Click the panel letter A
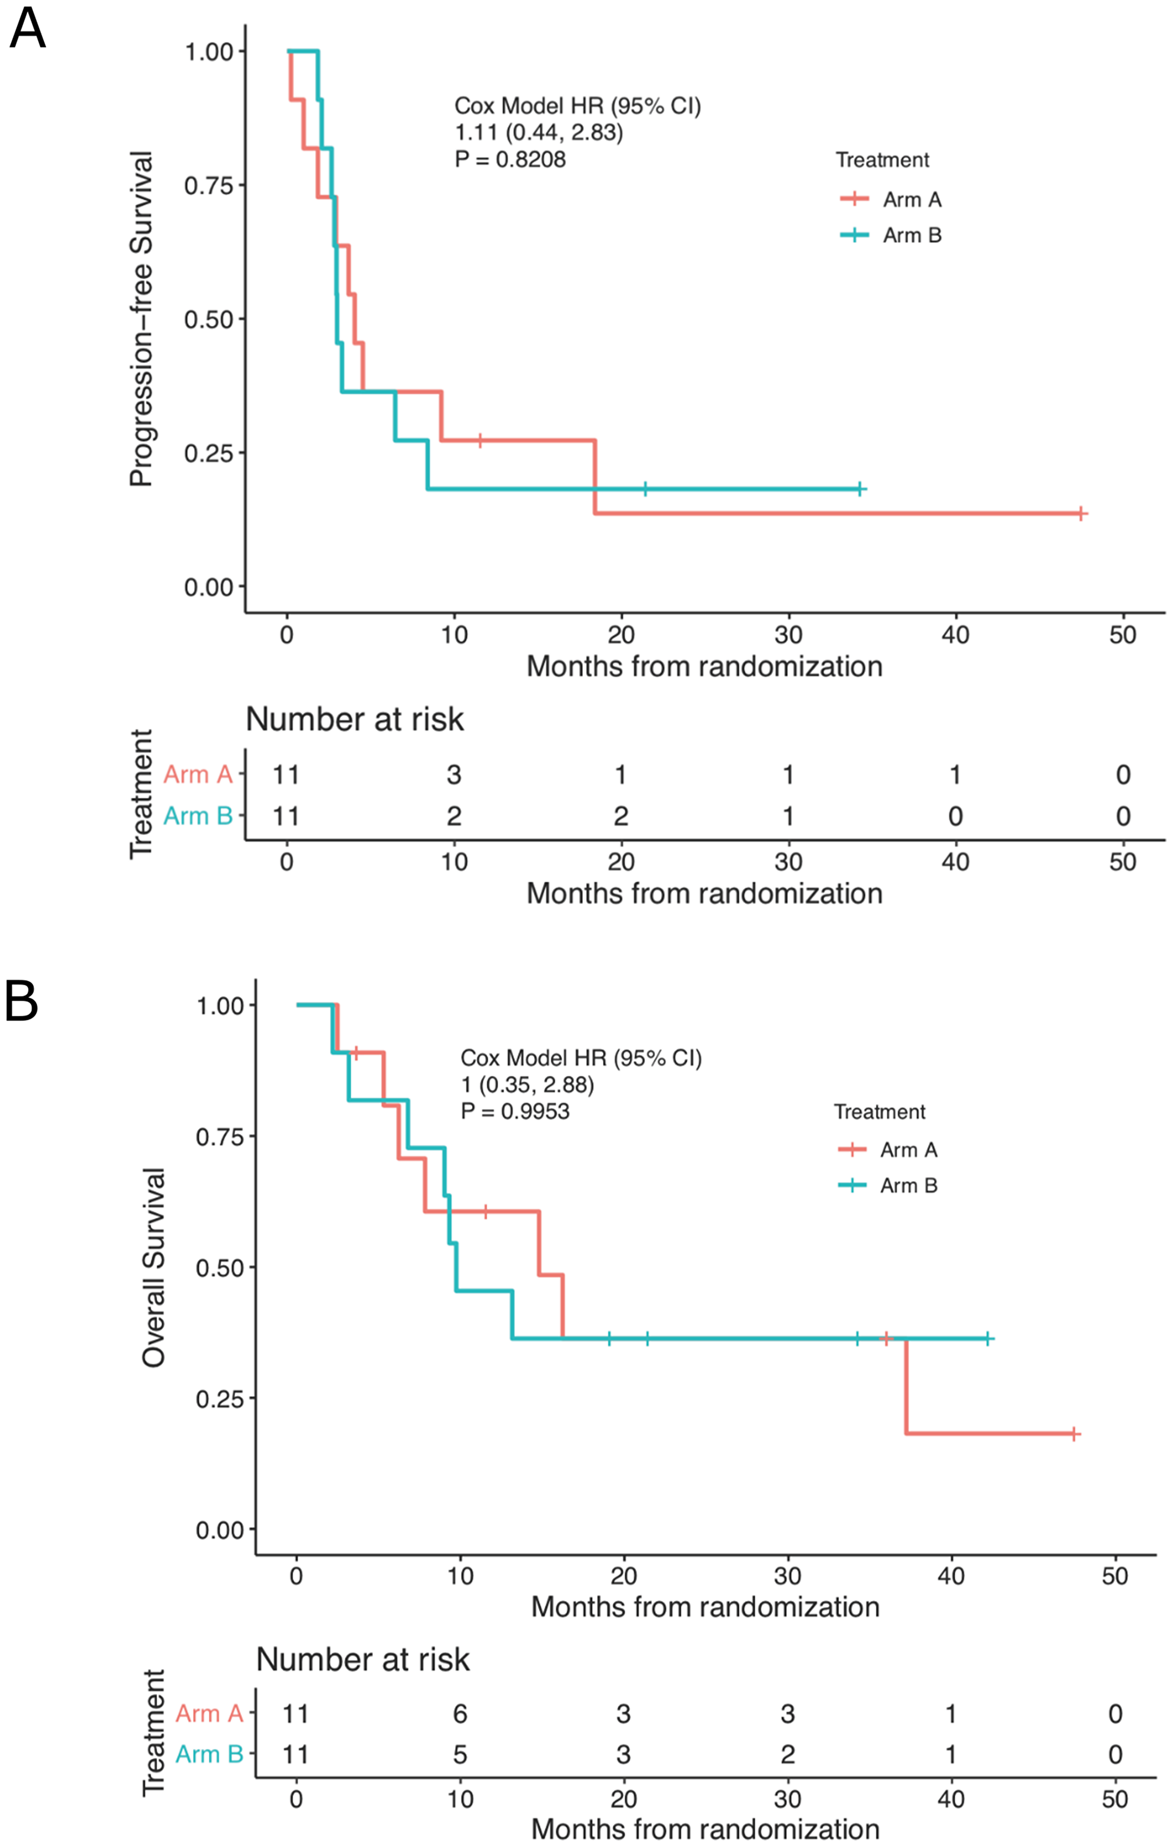click(x=28, y=29)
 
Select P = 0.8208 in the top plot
click(x=510, y=160)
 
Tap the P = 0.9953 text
click(x=515, y=1111)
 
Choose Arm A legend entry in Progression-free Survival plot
click(x=891, y=199)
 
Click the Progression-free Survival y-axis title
click(x=141, y=319)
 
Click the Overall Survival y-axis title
click(x=154, y=1268)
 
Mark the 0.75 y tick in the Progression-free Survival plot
click(x=209, y=185)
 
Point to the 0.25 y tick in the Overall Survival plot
click(x=219, y=1398)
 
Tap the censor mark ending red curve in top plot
click(x=1080, y=514)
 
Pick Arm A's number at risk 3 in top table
click(x=454, y=775)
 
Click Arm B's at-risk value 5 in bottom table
click(x=460, y=1754)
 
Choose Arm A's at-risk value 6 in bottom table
click(x=460, y=1713)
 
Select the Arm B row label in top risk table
click(x=198, y=815)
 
